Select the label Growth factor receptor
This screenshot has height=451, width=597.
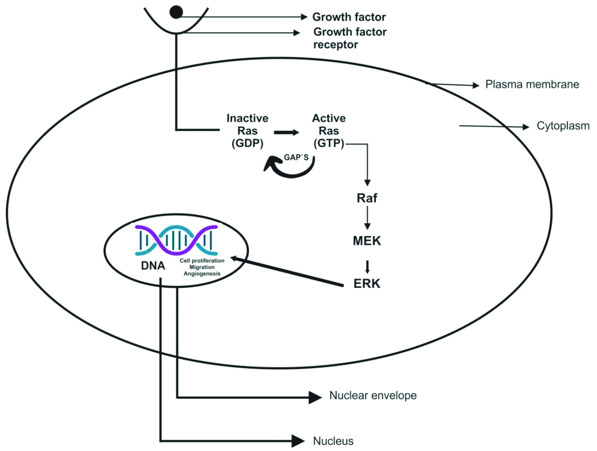(349, 38)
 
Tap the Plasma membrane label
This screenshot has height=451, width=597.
(532, 84)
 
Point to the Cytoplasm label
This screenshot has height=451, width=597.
(563, 126)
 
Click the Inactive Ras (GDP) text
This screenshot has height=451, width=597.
(247, 131)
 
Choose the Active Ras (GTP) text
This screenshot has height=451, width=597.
(328, 131)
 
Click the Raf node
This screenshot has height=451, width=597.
(368, 199)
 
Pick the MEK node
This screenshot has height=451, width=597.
(367, 241)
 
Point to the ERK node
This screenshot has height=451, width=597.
(366, 283)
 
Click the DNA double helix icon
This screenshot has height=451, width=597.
(175, 238)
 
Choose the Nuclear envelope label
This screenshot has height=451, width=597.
(373, 395)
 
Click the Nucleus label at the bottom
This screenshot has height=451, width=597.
(333, 440)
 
